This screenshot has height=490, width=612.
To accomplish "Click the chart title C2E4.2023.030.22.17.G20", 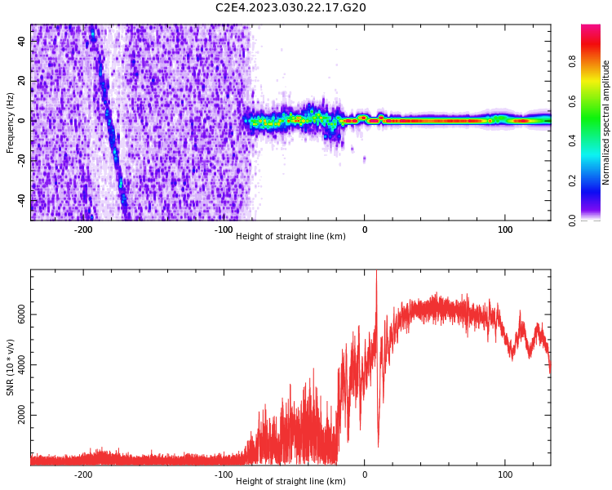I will tap(290, 7).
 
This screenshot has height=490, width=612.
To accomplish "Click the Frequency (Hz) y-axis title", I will tap(11, 122).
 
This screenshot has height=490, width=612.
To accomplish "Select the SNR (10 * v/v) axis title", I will tap(11, 367).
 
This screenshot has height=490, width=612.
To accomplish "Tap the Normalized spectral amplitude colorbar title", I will tap(606, 122).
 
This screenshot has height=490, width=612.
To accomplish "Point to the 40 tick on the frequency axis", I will tap(22, 42).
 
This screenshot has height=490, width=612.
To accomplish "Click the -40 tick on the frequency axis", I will tap(20, 199).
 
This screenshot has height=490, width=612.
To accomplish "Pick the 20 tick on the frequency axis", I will tap(22, 81).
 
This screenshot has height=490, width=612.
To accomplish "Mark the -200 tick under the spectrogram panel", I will tap(83, 229).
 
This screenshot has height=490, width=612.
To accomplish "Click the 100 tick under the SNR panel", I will tap(505, 474).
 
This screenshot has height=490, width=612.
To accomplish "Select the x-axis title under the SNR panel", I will tap(290, 481).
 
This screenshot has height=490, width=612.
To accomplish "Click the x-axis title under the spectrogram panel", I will tap(290, 236).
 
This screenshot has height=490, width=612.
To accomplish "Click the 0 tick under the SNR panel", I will tap(365, 474).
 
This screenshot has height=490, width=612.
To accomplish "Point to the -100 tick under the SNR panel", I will tap(224, 474).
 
